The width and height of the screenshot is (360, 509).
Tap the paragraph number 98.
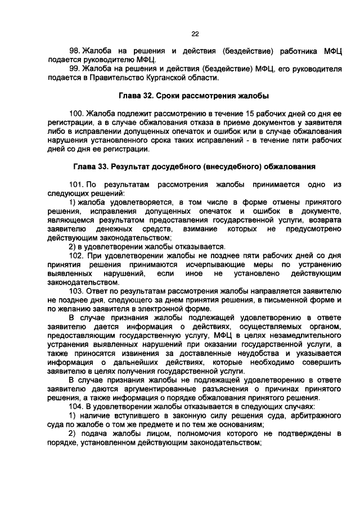coord(74,51)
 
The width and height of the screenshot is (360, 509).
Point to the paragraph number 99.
coord(74,68)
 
